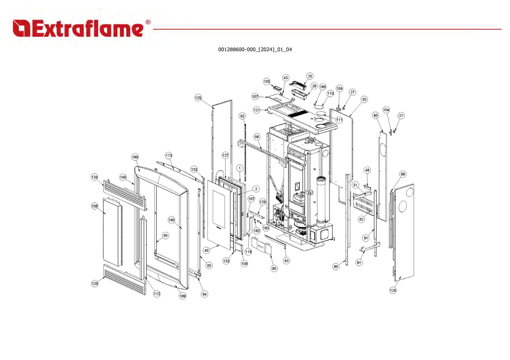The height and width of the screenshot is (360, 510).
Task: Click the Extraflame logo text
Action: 78,28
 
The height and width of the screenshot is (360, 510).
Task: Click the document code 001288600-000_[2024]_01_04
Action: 255,50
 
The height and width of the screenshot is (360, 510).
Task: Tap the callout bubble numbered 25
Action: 310,76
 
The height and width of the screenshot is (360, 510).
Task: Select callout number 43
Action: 285,78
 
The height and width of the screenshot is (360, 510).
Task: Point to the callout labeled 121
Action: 256,110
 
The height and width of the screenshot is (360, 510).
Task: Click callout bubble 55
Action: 364,99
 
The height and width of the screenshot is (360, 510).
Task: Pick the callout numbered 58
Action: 257,137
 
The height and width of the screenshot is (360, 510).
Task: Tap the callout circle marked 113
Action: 169,156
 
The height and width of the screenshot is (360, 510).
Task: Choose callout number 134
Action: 94,177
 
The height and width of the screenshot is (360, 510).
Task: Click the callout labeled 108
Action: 94,206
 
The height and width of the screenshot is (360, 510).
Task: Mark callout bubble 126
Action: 95,283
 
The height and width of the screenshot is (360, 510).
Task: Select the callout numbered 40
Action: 206,250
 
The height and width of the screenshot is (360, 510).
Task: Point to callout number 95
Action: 274,269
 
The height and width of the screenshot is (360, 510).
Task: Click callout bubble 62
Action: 361,219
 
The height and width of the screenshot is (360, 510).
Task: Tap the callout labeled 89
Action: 403,174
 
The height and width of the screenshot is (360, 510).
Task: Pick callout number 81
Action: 359,263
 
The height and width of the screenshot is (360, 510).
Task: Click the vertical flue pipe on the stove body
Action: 322,201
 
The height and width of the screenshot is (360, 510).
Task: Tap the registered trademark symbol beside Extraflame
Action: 148,22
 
